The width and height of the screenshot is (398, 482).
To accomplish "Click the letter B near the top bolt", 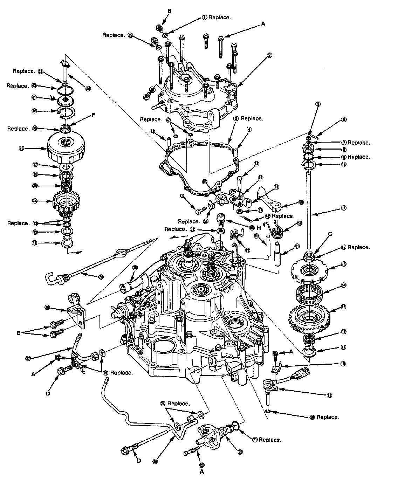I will click(169, 11).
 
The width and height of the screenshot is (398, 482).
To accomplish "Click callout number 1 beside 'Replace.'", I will click(205, 17).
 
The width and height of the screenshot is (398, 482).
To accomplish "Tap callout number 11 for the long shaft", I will click(343, 208).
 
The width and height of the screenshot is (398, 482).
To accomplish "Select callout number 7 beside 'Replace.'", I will click(344, 143).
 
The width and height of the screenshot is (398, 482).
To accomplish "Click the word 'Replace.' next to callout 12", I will click(359, 247).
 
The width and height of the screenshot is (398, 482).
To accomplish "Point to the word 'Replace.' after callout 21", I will click(270, 440).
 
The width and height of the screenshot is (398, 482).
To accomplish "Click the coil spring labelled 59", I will click(279, 231).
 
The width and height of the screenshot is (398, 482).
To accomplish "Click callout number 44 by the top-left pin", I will click(88, 89).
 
